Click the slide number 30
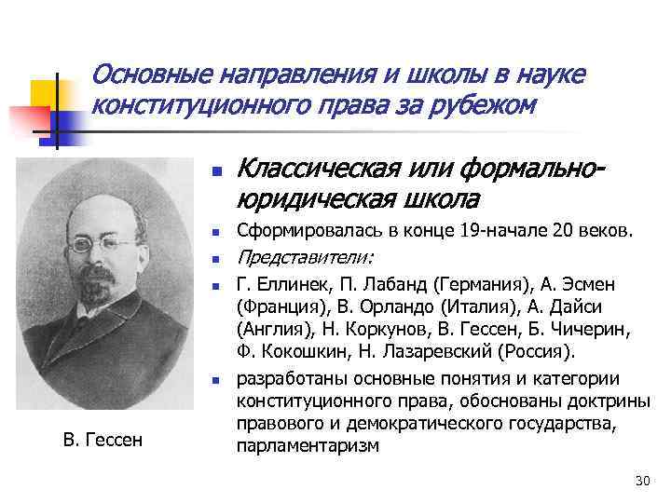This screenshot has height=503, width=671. [x=640, y=481]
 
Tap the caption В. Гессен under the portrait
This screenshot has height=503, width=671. [x=97, y=438]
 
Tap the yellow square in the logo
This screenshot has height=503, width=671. [x=44, y=93]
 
